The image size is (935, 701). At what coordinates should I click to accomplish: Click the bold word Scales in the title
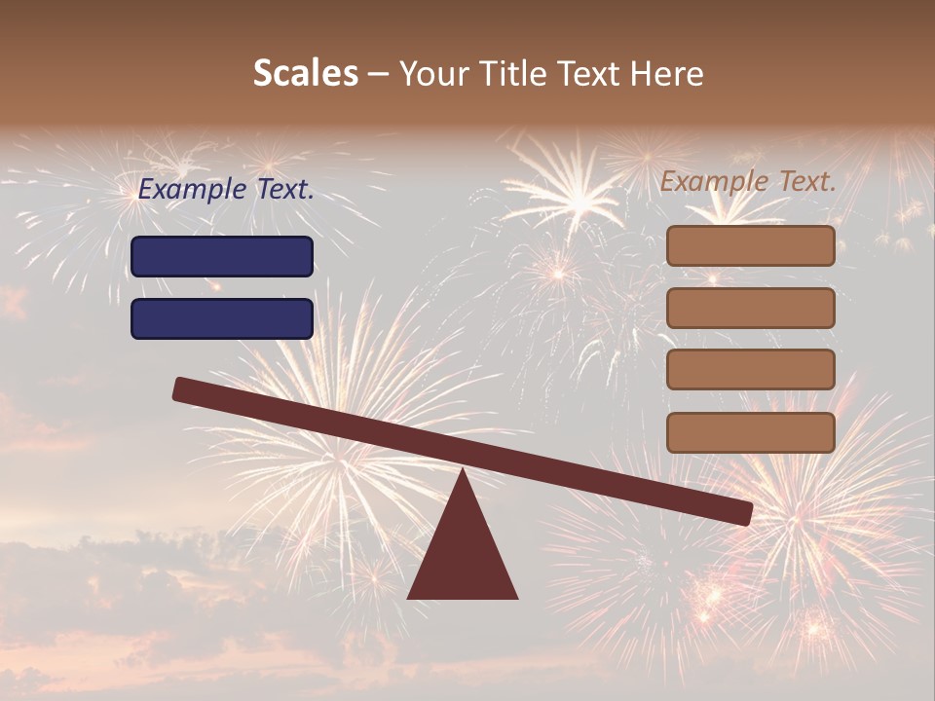tap(305, 74)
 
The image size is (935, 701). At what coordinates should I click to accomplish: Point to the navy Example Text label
tap(226, 190)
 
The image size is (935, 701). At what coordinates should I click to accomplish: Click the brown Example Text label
tap(748, 181)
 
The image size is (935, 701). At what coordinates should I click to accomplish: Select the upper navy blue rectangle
tap(222, 256)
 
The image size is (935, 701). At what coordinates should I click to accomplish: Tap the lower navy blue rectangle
tap(222, 318)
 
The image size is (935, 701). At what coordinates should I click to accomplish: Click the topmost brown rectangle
tap(750, 245)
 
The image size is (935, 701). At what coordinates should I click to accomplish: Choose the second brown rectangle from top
tap(750, 308)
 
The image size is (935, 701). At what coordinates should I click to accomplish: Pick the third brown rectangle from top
tap(750, 370)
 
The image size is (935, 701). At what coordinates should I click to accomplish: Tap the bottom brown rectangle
tap(750, 432)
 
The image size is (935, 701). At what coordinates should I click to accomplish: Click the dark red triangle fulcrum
tap(463, 550)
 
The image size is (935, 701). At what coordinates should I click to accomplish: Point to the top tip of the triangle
tap(463, 472)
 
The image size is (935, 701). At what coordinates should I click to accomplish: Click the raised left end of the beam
tap(182, 388)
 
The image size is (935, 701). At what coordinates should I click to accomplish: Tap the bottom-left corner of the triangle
tap(410, 597)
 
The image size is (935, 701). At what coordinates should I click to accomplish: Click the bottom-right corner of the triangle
tap(515, 597)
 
